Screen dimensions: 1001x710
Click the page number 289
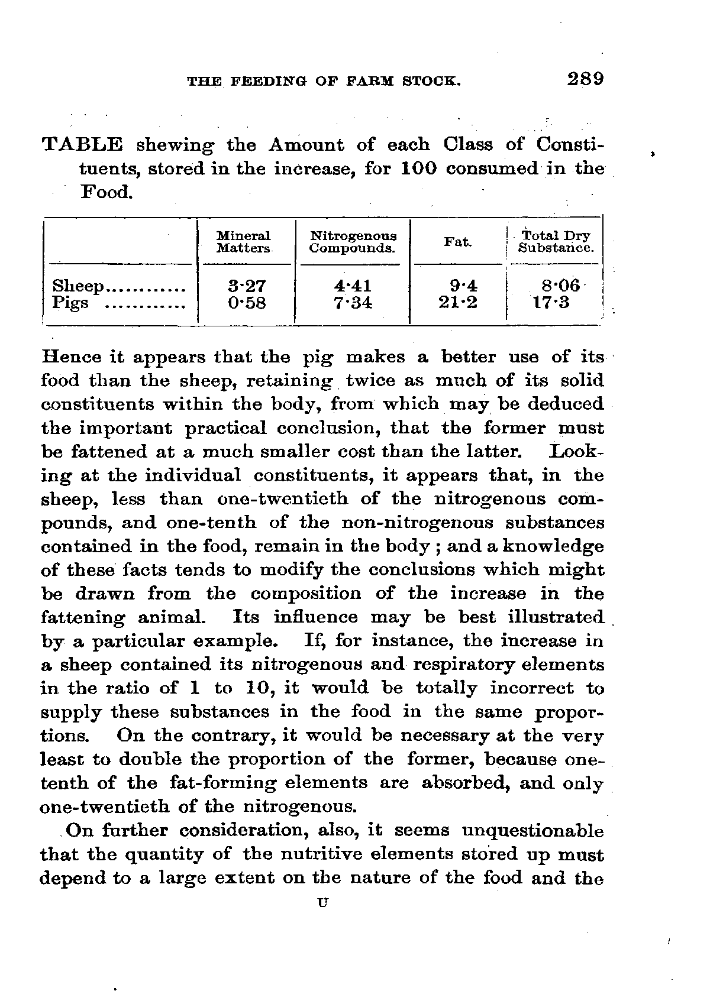[583, 79]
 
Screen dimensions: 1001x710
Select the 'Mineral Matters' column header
[243, 242]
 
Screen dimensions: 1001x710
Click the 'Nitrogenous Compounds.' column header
[353, 242]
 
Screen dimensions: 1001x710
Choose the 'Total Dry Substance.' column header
[555, 242]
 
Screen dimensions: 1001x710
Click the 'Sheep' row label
[78, 287]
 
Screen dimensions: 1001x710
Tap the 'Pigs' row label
[70, 303]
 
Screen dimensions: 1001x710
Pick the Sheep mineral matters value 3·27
[247, 287]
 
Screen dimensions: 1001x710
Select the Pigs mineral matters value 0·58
[247, 303]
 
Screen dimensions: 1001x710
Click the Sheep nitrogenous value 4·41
[353, 287]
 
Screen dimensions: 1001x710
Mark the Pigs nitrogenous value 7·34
[353, 303]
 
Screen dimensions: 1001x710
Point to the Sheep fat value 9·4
[463, 287]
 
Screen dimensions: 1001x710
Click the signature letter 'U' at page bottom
[322, 903]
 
